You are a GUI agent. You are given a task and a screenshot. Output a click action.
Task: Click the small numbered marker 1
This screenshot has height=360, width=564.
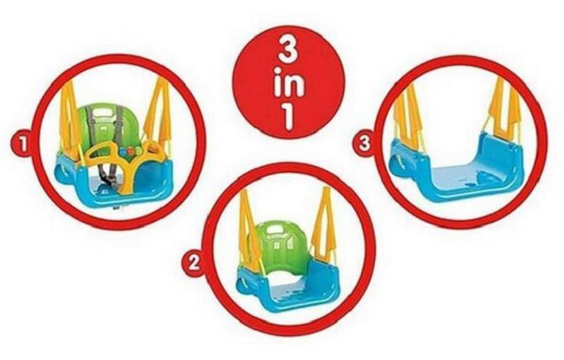pyautogui.click(x=23, y=144)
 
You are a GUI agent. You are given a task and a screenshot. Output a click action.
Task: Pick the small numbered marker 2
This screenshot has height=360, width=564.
pyautogui.click(x=195, y=263)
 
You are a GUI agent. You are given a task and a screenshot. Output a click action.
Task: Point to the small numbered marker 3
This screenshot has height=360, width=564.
pyautogui.click(x=364, y=144)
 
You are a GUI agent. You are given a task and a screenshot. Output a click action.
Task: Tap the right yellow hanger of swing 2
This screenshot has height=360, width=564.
pyautogui.click(x=324, y=222)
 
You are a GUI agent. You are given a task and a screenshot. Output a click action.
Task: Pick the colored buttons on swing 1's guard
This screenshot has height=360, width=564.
pyautogui.click(x=130, y=151)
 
